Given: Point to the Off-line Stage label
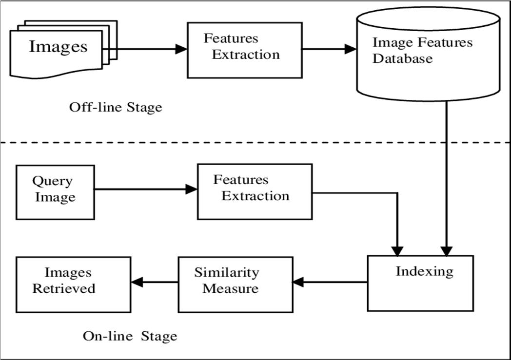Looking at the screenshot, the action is pyautogui.click(x=116, y=107).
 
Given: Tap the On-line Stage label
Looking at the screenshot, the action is pyautogui.click(x=130, y=336).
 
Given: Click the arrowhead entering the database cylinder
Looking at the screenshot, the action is pyautogui.click(x=351, y=49).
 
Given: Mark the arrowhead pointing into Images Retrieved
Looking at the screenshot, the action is pyautogui.click(x=137, y=282).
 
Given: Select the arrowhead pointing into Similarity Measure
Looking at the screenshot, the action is pyautogui.click(x=298, y=282).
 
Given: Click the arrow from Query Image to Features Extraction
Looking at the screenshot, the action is pyautogui.click(x=146, y=189).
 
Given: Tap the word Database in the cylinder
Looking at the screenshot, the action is pyautogui.click(x=402, y=58).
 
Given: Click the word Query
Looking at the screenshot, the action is pyautogui.click(x=52, y=181).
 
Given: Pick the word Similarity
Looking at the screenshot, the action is pyautogui.click(x=227, y=273).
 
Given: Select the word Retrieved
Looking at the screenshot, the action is pyautogui.click(x=64, y=288).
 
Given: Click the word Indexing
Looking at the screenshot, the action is pyautogui.click(x=424, y=271).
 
